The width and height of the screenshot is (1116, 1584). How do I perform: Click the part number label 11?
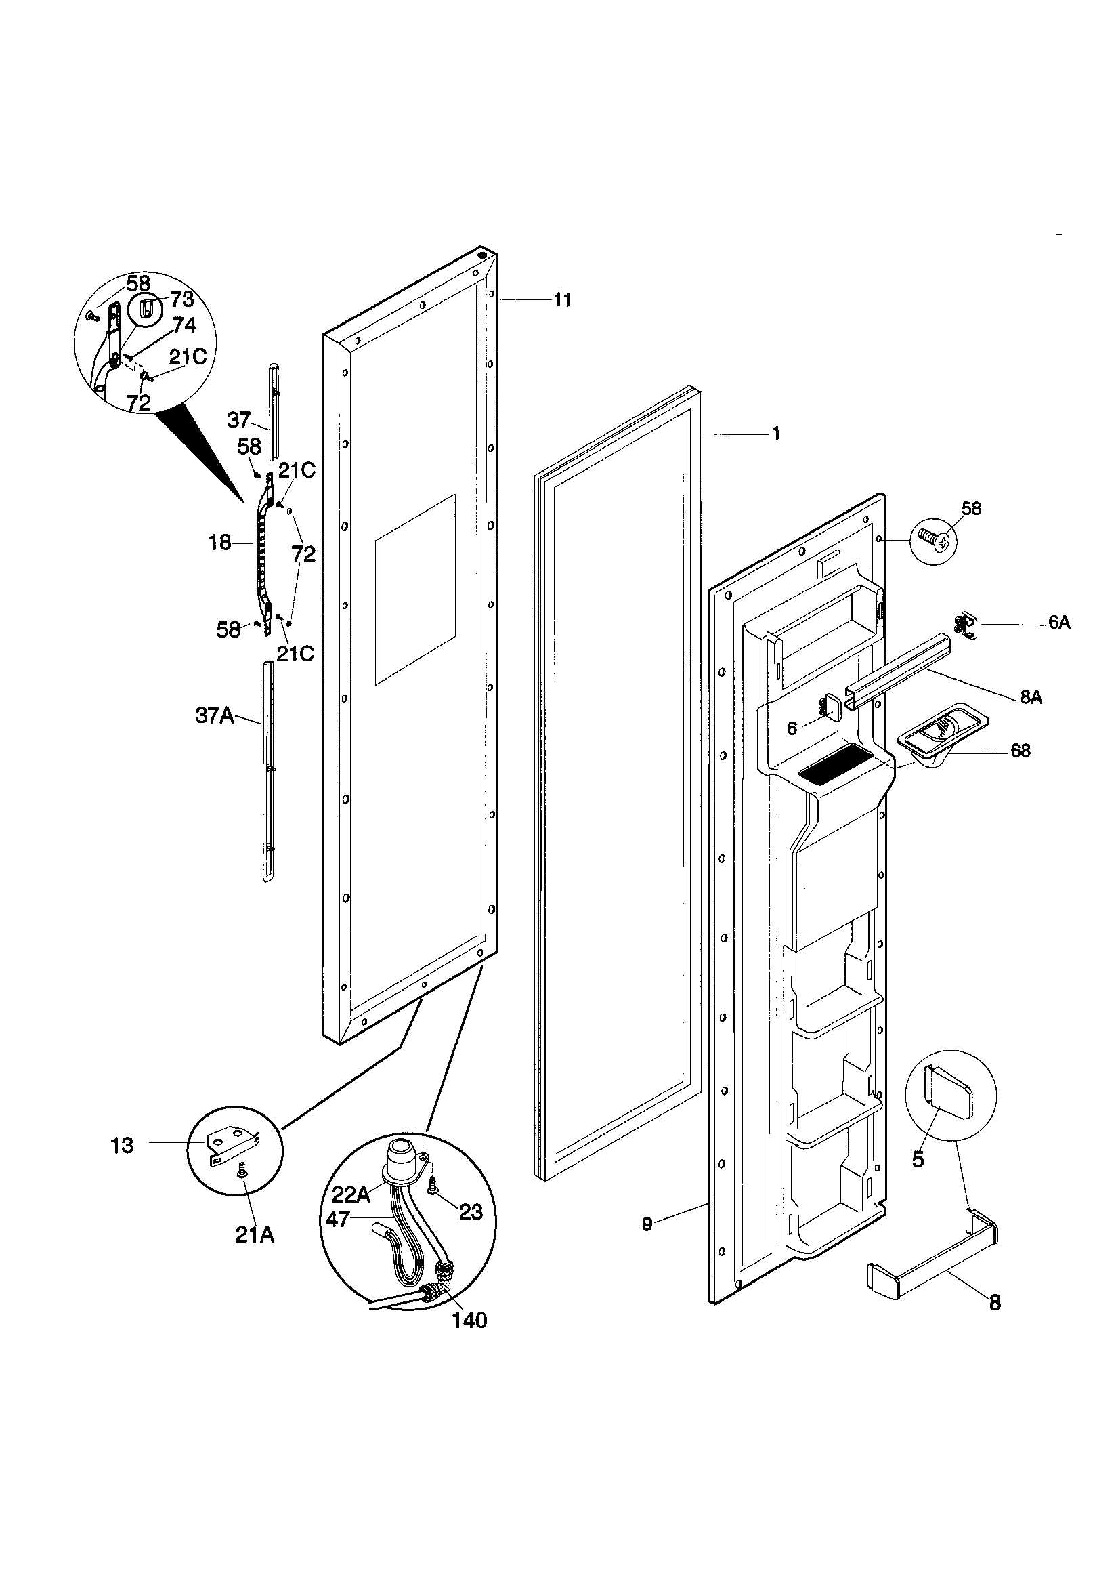(562, 300)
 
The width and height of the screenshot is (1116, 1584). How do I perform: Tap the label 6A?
(1058, 622)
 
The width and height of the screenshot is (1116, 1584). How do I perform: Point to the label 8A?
(1031, 697)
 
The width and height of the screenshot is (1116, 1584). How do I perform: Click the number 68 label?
(1020, 751)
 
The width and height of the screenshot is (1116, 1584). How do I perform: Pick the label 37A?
(215, 716)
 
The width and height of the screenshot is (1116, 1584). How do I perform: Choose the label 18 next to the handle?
(220, 543)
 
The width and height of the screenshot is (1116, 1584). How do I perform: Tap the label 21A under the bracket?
(255, 1234)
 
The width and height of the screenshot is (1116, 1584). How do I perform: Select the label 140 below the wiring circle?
(470, 1320)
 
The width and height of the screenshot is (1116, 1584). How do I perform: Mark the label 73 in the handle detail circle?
(182, 300)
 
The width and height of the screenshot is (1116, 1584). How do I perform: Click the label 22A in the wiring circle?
(351, 1194)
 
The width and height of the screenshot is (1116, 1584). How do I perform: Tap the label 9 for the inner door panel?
(646, 1224)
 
